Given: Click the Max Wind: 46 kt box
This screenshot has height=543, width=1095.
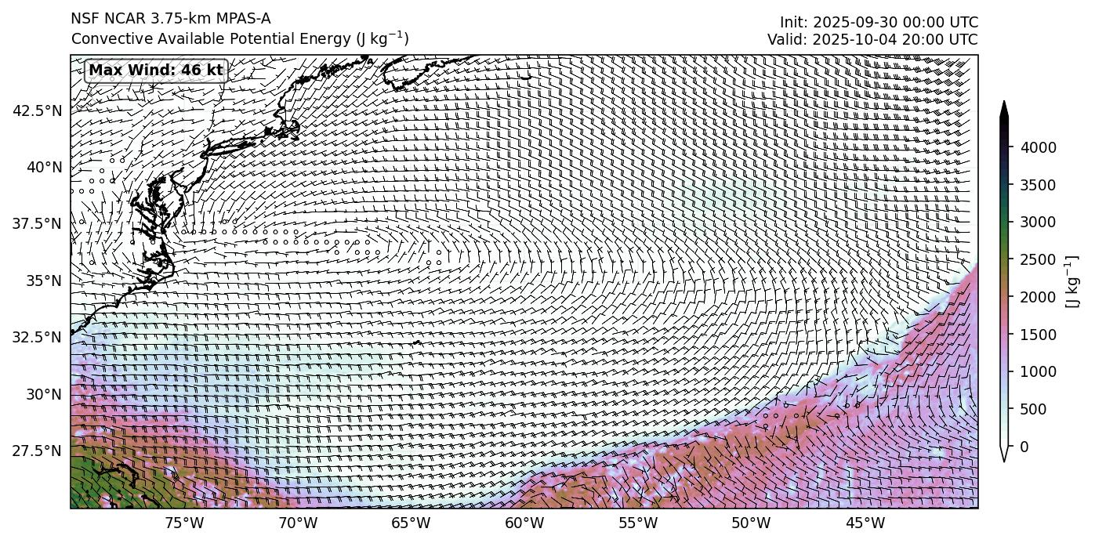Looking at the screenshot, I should click(x=155, y=71).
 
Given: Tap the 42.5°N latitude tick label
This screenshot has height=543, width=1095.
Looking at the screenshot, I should click(x=37, y=111).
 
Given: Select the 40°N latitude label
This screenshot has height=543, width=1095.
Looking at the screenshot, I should click(x=43, y=168).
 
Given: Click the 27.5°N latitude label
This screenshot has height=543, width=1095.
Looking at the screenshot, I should click(x=37, y=451).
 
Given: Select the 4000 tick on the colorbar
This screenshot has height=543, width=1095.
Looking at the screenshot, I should click(x=1038, y=147).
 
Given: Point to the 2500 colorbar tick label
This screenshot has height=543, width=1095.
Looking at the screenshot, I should click(x=1038, y=259).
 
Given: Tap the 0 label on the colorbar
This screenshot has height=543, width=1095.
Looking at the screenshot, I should click(x=1024, y=447).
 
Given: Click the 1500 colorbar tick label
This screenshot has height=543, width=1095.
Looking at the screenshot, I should click(x=1038, y=335).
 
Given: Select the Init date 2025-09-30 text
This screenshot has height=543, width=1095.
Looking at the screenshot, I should click(x=879, y=23).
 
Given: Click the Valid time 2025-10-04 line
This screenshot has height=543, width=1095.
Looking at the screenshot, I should click(x=872, y=40).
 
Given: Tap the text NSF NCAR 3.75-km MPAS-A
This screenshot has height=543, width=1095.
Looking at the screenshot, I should click(x=171, y=19).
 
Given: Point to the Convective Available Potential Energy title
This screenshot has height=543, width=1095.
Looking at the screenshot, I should click(x=239, y=38).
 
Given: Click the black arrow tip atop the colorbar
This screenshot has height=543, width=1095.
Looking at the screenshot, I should click(x=1004, y=107).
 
